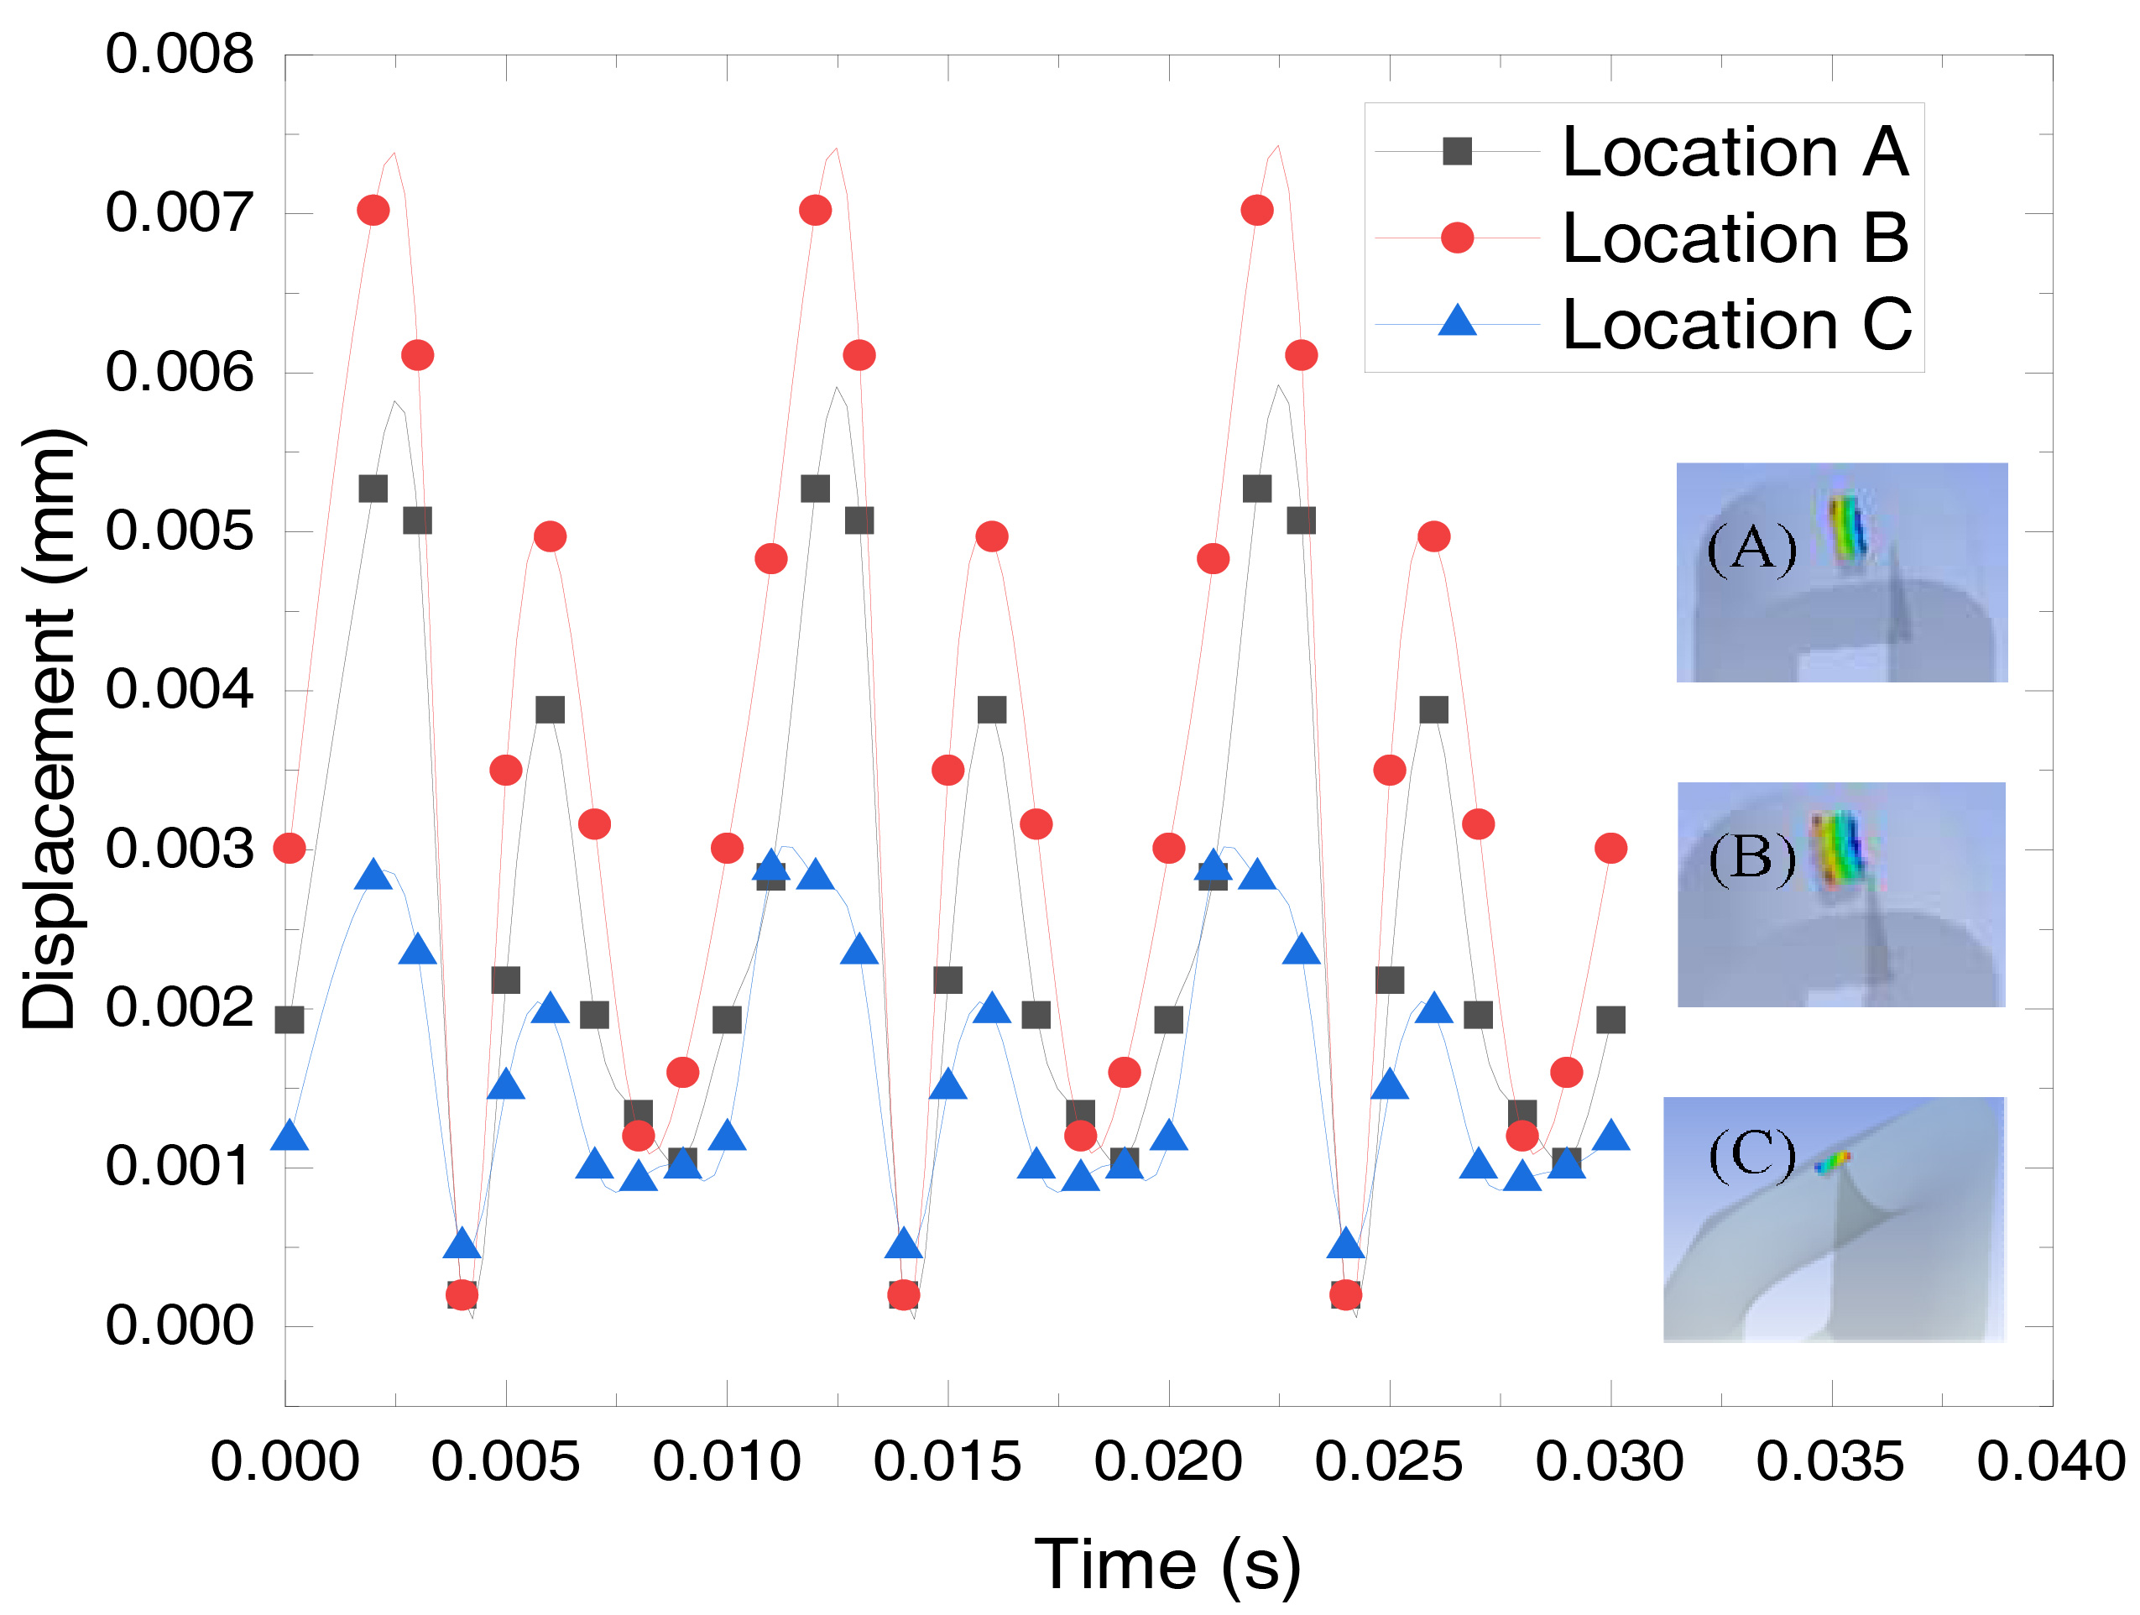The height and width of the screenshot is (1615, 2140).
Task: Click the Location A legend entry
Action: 1735,152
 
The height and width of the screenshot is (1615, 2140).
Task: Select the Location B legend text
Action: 1735,238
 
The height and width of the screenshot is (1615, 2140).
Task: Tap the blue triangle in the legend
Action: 1457,321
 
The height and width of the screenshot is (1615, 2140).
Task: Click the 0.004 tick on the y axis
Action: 179,689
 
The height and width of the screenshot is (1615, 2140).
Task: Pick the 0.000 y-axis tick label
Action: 179,1325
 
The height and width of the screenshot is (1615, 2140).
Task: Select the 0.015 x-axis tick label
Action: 947,1461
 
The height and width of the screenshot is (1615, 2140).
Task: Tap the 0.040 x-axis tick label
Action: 2051,1461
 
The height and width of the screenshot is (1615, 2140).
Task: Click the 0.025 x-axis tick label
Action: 1388,1461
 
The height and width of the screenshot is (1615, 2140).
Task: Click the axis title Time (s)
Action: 1167,1564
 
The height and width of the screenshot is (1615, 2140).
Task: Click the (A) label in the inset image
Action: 1751,549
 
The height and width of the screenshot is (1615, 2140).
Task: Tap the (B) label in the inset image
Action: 1751,857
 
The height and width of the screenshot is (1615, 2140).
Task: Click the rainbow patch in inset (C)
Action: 1831,1161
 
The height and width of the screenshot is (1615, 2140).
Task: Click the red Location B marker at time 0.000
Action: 290,849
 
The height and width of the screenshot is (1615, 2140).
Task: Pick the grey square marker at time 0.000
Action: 290,1020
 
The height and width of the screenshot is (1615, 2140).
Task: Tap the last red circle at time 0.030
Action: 1610,849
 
